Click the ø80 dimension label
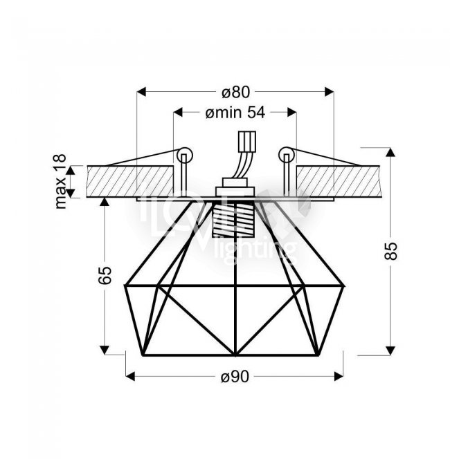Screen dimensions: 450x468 (x=235, y=92)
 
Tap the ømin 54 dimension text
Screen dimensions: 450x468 (x=235, y=113)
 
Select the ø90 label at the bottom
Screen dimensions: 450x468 (x=235, y=377)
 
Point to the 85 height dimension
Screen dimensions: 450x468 (x=390, y=251)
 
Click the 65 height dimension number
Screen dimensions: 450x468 (x=105, y=274)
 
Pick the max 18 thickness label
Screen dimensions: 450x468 (x=61, y=182)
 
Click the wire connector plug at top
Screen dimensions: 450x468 (x=246, y=142)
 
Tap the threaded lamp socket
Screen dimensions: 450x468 (x=233, y=218)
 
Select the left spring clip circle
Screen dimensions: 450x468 (x=185, y=156)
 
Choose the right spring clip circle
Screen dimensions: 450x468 (x=287, y=155)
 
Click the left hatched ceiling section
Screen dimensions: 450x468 (x=130, y=182)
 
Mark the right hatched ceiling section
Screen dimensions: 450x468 (x=338, y=182)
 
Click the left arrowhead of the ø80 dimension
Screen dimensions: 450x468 (x=141, y=92)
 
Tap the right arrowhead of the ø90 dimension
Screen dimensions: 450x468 (x=339, y=377)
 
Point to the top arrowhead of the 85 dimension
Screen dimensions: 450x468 (x=390, y=152)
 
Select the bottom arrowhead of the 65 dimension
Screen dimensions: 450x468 (x=105, y=350)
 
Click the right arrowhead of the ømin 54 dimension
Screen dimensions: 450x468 (x=292, y=113)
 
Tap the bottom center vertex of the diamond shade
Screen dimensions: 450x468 (x=235, y=355)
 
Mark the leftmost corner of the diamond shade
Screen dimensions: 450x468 (x=125, y=286)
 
